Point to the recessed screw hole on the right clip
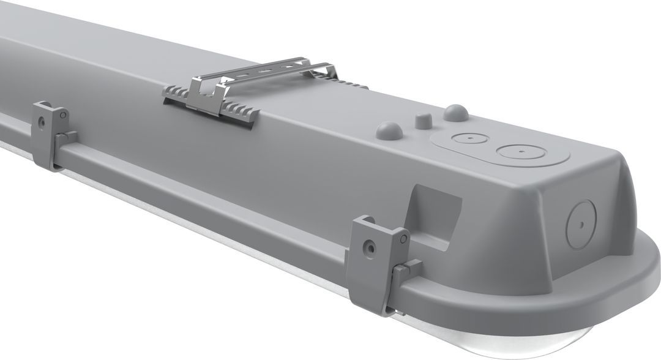coord(367,247)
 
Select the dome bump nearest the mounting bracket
coord(389,129)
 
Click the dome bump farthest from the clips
coord(455,111)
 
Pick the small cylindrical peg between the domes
coord(421,119)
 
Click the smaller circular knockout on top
coord(468,138)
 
